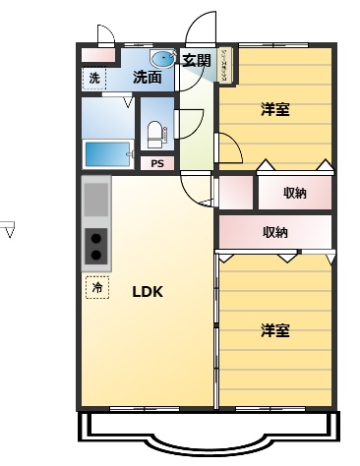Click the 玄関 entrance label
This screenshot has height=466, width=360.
click(197, 60)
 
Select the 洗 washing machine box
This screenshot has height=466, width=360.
click(94, 78)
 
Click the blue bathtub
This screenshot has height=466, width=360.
click(107, 154)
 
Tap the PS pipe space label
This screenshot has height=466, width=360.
click(157, 164)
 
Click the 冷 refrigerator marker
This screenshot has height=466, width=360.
click(97, 288)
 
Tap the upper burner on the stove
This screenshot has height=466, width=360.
click(96, 236)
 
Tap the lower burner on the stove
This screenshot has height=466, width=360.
click(96, 256)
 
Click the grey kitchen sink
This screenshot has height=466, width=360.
click(96, 200)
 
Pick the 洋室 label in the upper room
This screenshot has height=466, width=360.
click(275, 109)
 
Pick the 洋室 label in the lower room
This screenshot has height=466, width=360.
click(275, 330)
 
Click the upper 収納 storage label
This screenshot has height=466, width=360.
click(294, 193)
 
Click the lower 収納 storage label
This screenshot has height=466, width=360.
click(275, 232)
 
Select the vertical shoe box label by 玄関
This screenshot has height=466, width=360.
click(225, 65)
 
